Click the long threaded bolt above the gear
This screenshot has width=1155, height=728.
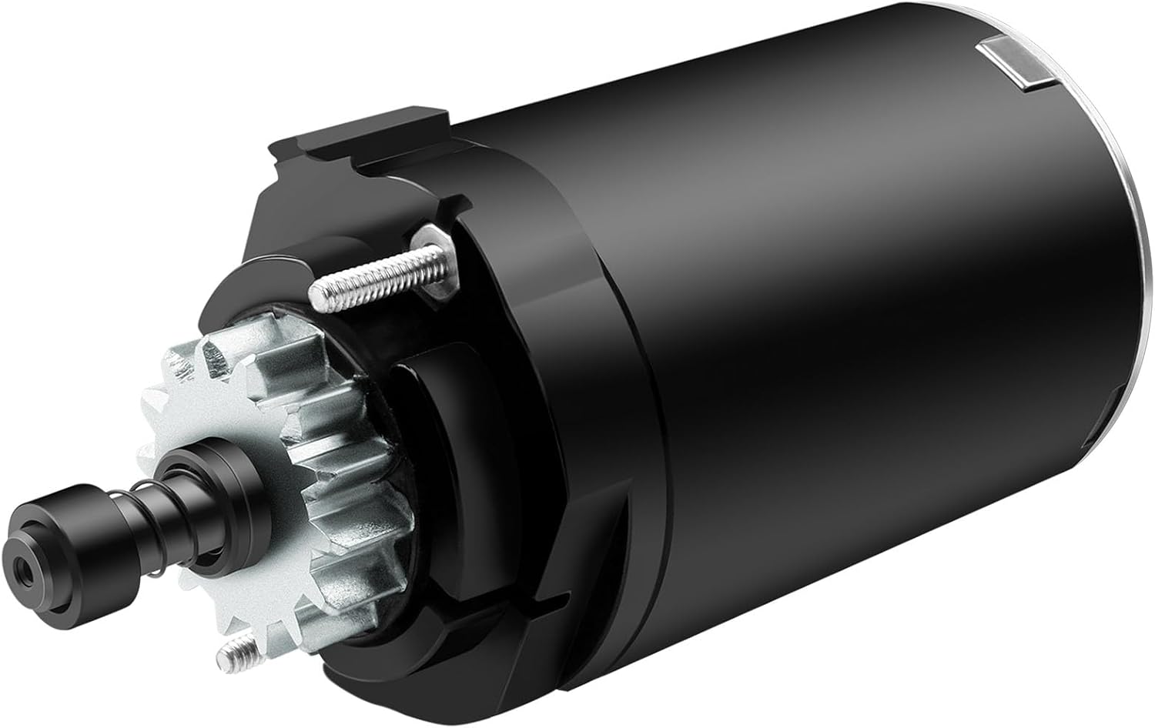point(370,273)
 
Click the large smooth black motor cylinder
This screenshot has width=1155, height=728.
point(847,346)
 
